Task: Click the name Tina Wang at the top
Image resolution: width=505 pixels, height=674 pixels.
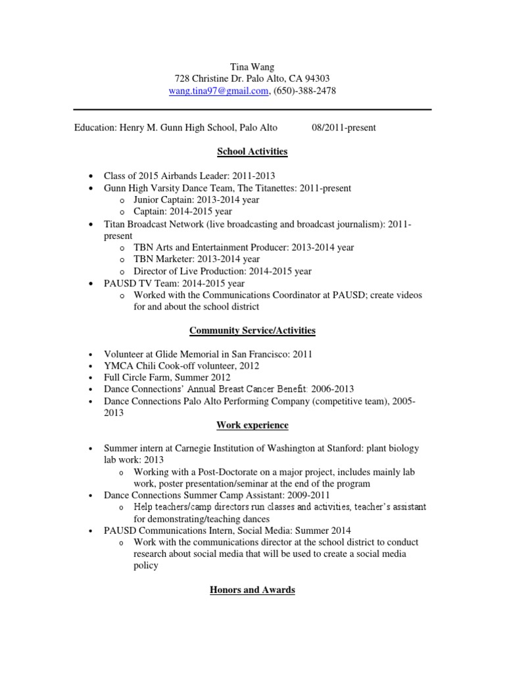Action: pyautogui.click(x=252, y=66)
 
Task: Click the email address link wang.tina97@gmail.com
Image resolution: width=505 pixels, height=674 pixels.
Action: pyautogui.click(x=218, y=91)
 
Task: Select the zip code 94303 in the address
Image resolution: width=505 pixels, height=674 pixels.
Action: pyautogui.click(x=317, y=78)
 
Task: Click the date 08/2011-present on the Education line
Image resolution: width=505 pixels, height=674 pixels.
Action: pyautogui.click(x=343, y=128)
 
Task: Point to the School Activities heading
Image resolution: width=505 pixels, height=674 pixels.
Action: pyautogui.click(x=252, y=151)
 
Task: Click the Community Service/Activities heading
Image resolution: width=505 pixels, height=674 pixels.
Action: pyautogui.click(x=252, y=330)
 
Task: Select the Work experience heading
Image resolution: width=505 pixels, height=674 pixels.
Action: pyautogui.click(x=252, y=425)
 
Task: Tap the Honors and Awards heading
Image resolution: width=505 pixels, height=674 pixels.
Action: pyautogui.click(x=252, y=590)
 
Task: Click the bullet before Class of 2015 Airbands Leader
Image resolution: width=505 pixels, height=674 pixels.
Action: pyautogui.click(x=90, y=176)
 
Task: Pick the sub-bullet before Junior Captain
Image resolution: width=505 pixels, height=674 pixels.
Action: pyautogui.click(x=122, y=201)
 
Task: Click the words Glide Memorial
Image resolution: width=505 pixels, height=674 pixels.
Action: pyautogui.click(x=181, y=354)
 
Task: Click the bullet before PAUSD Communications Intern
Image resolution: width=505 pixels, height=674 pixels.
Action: pyautogui.click(x=90, y=531)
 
